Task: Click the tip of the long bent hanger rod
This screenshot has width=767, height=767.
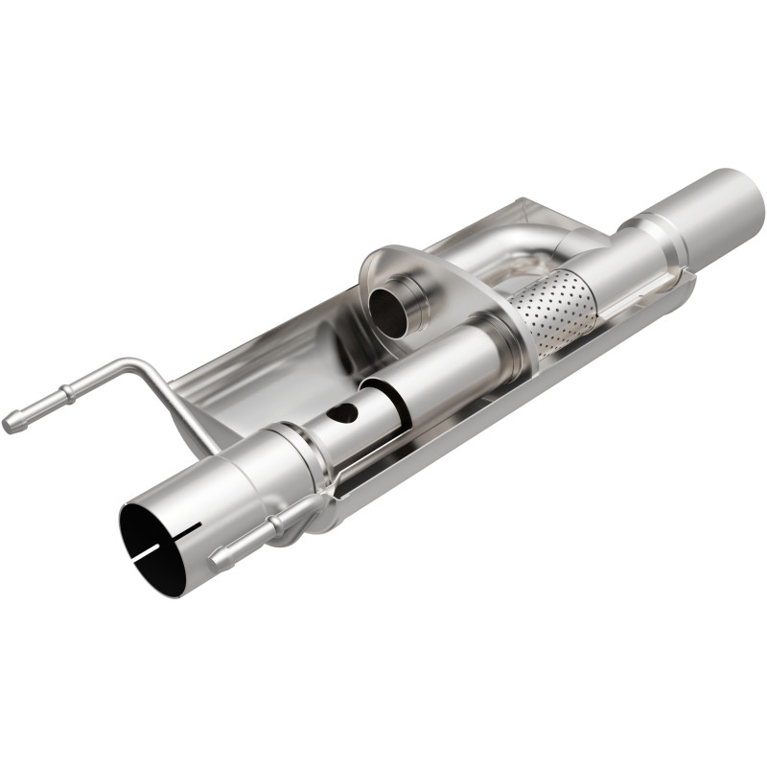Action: (11, 423)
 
